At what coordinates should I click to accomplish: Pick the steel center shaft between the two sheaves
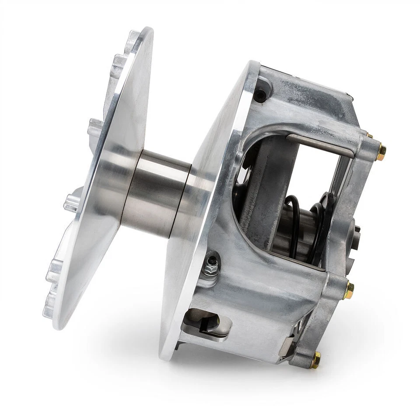point(155,192)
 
